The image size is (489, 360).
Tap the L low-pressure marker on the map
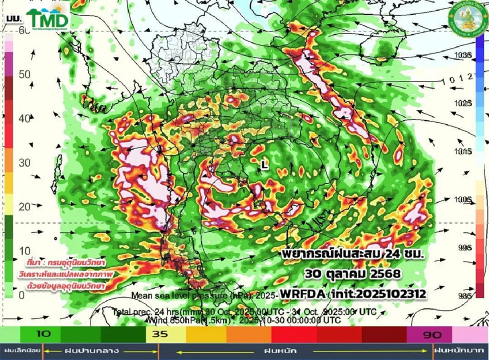(264, 165)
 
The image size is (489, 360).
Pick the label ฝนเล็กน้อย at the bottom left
(21, 350)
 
